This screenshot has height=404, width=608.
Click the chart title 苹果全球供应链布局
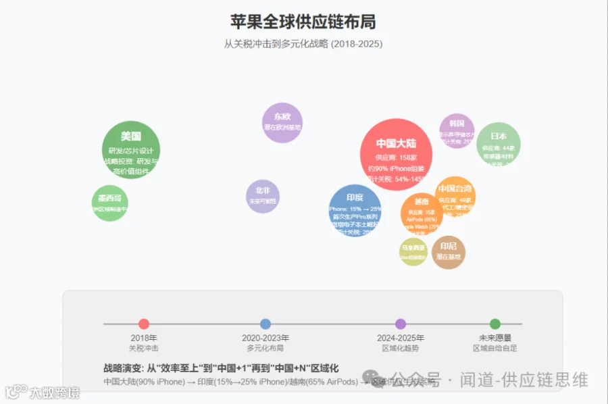(x=303, y=22)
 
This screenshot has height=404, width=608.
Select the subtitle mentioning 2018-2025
(x=303, y=44)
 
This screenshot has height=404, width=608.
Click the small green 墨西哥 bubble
(x=109, y=203)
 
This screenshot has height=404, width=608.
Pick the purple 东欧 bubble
(x=282, y=122)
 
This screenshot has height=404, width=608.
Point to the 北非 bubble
(x=263, y=196)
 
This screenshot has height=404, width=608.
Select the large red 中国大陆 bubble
(x=396, y=155)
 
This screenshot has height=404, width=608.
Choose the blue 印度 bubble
(x=355, y=210)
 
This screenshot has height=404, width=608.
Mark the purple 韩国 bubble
(x=457, y=131)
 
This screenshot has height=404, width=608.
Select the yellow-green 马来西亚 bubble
(x=413, y=251)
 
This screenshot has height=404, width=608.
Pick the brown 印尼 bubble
(x=449, y=251)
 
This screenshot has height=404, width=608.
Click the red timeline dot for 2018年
(x=144, y=324)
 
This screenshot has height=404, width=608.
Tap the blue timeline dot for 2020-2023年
(x=265, y=324)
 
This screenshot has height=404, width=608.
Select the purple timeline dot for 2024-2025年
(x=401, y=324)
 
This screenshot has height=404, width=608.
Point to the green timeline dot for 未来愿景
(x=495, y=324)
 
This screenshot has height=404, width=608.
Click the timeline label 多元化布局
(x=265, y=349)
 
